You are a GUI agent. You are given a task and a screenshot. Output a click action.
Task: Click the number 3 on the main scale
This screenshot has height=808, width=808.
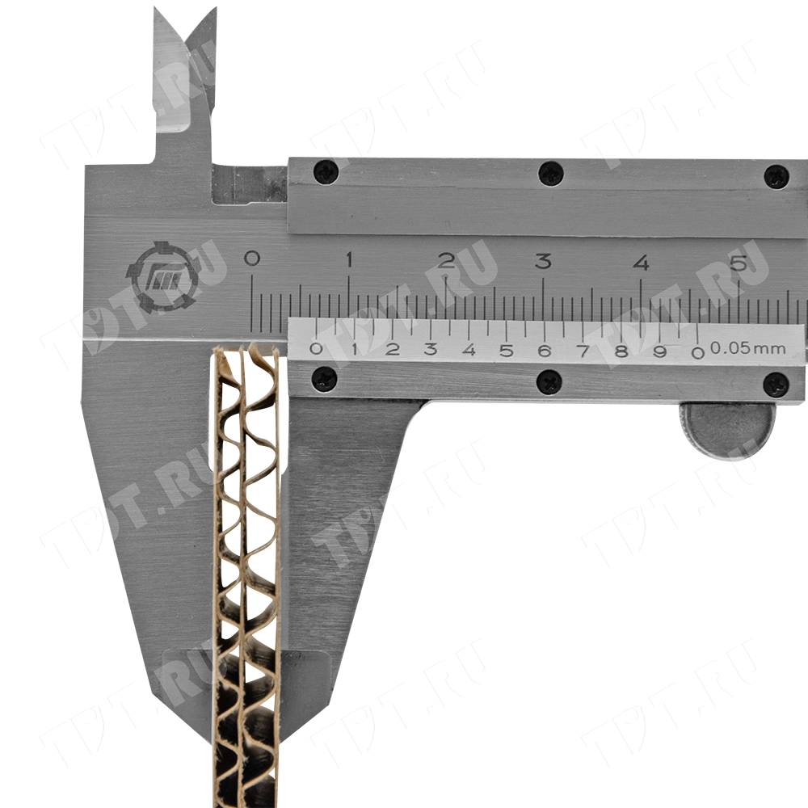tap(543, 261)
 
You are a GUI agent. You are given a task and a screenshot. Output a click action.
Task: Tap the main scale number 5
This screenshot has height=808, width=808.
tap(739, 263)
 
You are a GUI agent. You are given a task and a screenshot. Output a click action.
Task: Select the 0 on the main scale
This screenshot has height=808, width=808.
tap(251, 258)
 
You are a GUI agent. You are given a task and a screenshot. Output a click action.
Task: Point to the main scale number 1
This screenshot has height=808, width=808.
tap(349, 259)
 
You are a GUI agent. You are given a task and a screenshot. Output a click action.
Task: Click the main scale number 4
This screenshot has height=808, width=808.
tap(641, 263)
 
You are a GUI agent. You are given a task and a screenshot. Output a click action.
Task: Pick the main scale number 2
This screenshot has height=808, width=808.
tap(446, 260)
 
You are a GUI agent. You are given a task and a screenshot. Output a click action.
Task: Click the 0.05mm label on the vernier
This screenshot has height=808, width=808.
tap(748, 348)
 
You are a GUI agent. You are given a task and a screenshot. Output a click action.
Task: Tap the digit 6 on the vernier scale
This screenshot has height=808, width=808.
tap(545, 351)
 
